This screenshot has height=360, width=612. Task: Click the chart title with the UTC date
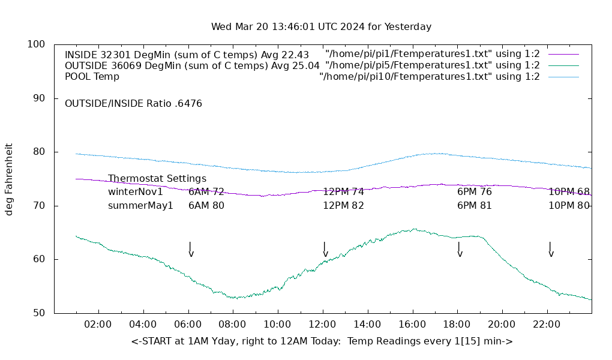pyautogui.click(x=321, y=27)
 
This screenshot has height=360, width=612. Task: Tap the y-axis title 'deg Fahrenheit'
pyautogui.click(x=9, y=179)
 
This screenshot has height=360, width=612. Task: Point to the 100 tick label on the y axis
pyautogui.click(x=35, y=44)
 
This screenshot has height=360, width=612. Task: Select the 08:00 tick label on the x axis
pyautogui.click(x=232, y=325)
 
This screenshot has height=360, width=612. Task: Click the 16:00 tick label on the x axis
pyautogui.click(x=412, y=325)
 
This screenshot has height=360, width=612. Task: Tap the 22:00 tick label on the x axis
pyautogui.click(x=547, y=325)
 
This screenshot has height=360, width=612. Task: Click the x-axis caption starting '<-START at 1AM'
pyautogui.click(x=322, y=341)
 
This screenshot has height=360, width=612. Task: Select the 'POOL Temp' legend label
pyautogui.click(x=92, y=76)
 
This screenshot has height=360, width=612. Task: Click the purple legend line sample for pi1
pyautogui.click(x=563, y=54)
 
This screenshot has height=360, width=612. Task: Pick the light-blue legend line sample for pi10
pyautogui.click(x=563, y=77)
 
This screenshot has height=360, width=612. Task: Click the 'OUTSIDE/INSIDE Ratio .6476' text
pyautogui.click(x=133, y=103)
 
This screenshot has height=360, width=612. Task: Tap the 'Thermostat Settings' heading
pyautogui.click(x=157, y=179)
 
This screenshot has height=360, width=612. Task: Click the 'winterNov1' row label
pyautogui.click(x=135, y=192)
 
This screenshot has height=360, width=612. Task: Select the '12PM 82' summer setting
pyautogui.click(x=343, y=205)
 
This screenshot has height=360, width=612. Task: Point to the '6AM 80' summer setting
pyautogui.click(x=206, y=205)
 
